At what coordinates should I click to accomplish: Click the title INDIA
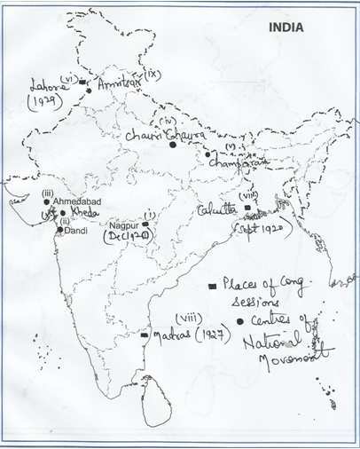click(286, 28)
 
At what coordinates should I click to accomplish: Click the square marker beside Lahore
click(82, 82)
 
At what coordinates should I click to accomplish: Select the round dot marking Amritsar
click(89, 90)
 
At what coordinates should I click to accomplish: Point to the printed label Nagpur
click(126, 226)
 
